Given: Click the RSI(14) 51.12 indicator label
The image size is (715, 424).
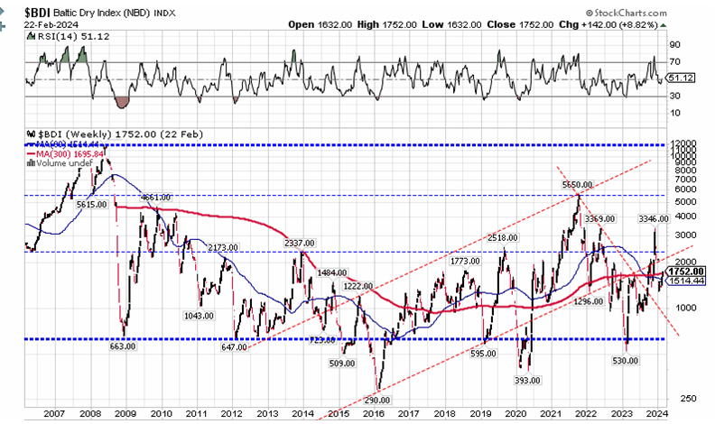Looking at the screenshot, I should point(61,37).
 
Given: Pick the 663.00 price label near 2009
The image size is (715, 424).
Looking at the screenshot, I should point(123,346).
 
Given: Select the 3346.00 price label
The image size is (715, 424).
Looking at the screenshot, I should point(652,218).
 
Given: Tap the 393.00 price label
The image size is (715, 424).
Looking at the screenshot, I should point(523,382).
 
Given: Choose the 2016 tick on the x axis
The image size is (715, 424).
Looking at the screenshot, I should point(374,412).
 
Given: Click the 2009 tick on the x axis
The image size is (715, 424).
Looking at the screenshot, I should point(125,412).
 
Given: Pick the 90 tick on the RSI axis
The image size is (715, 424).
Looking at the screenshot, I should point(673,43).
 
